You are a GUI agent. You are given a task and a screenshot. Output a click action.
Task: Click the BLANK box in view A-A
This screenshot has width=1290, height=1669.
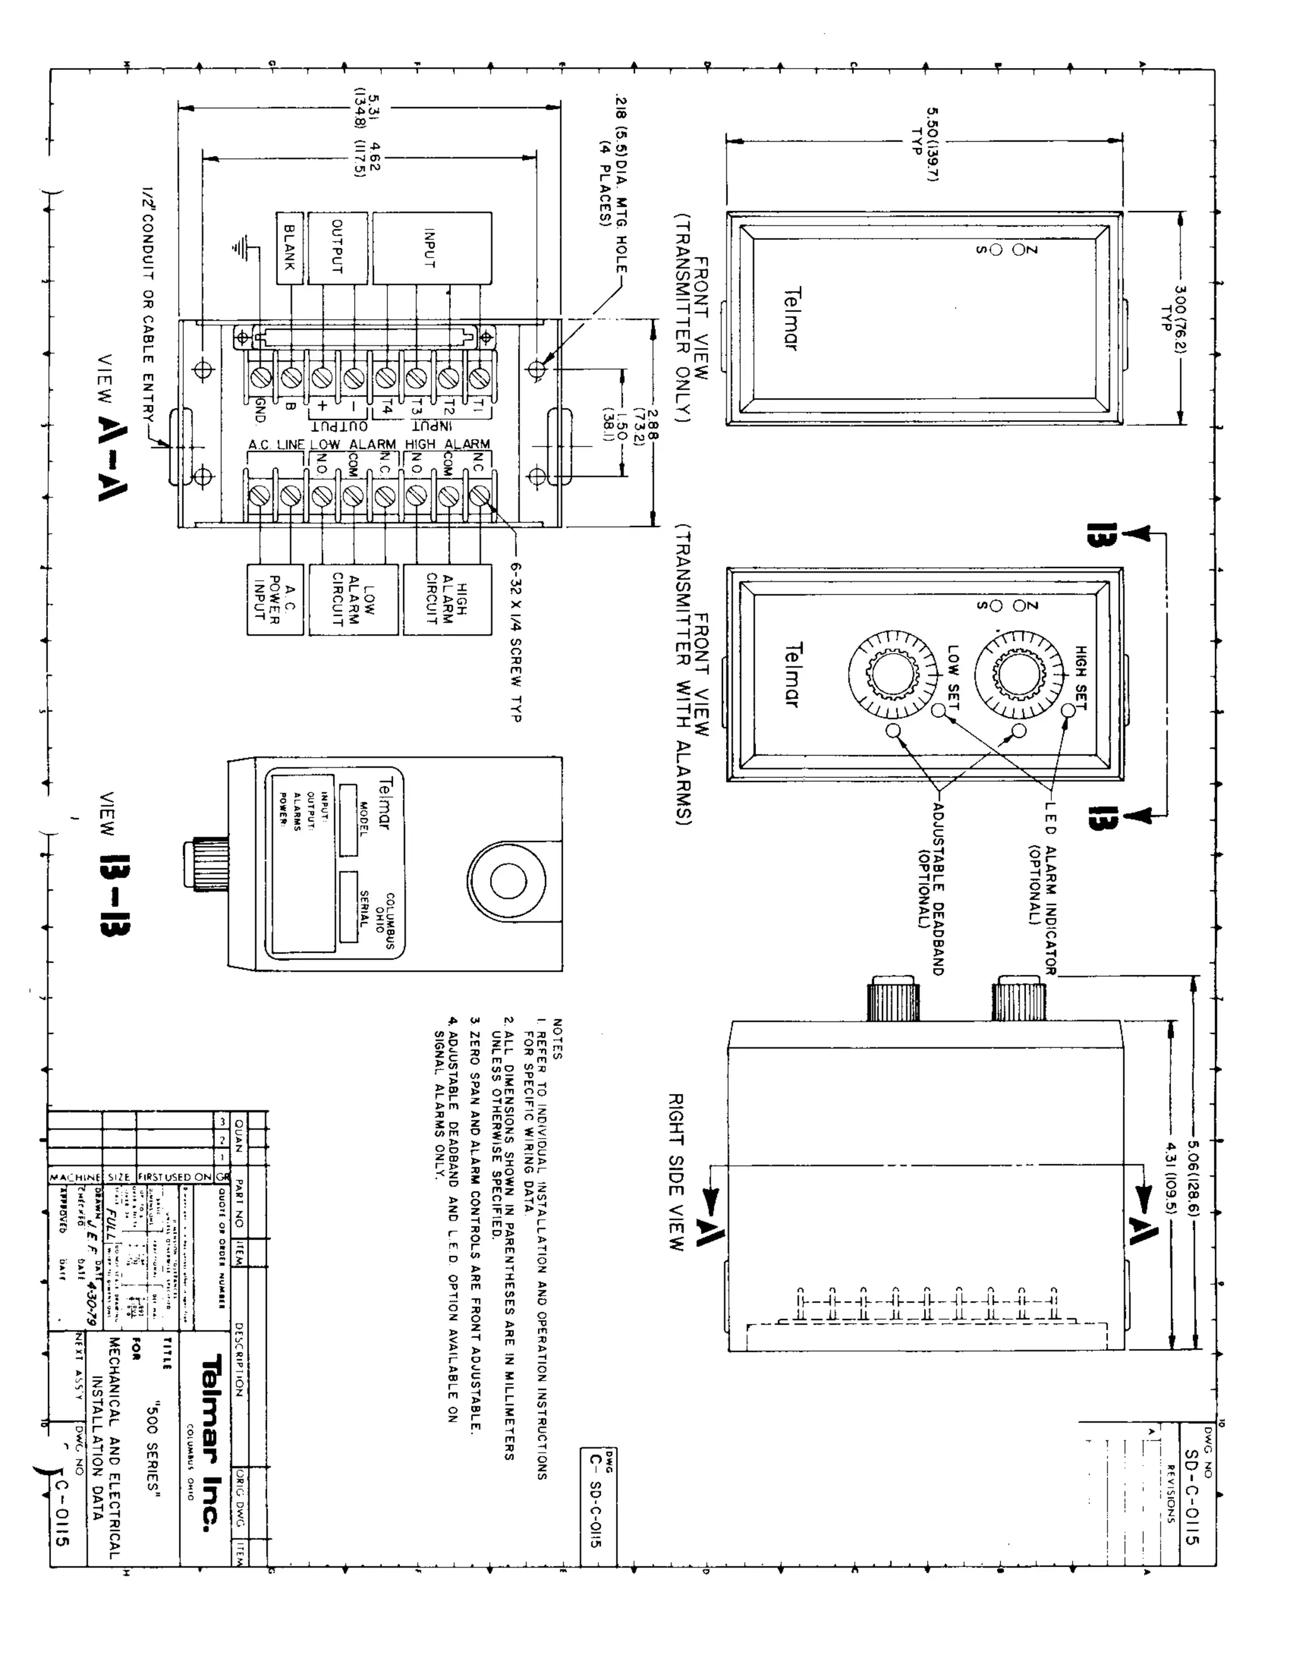point(290,248)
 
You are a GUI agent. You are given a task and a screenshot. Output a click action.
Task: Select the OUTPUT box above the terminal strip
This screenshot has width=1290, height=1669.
point(338,248)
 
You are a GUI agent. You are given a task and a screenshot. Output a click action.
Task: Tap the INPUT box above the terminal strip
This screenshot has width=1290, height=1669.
point(431,248)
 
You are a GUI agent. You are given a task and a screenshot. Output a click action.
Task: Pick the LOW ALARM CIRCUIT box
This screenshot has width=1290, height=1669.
point(353,600)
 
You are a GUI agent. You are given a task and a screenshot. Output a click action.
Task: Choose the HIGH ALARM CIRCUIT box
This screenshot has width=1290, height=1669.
point(447,600)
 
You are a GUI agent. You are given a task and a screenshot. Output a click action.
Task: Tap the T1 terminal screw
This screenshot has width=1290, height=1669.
point(479,377)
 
